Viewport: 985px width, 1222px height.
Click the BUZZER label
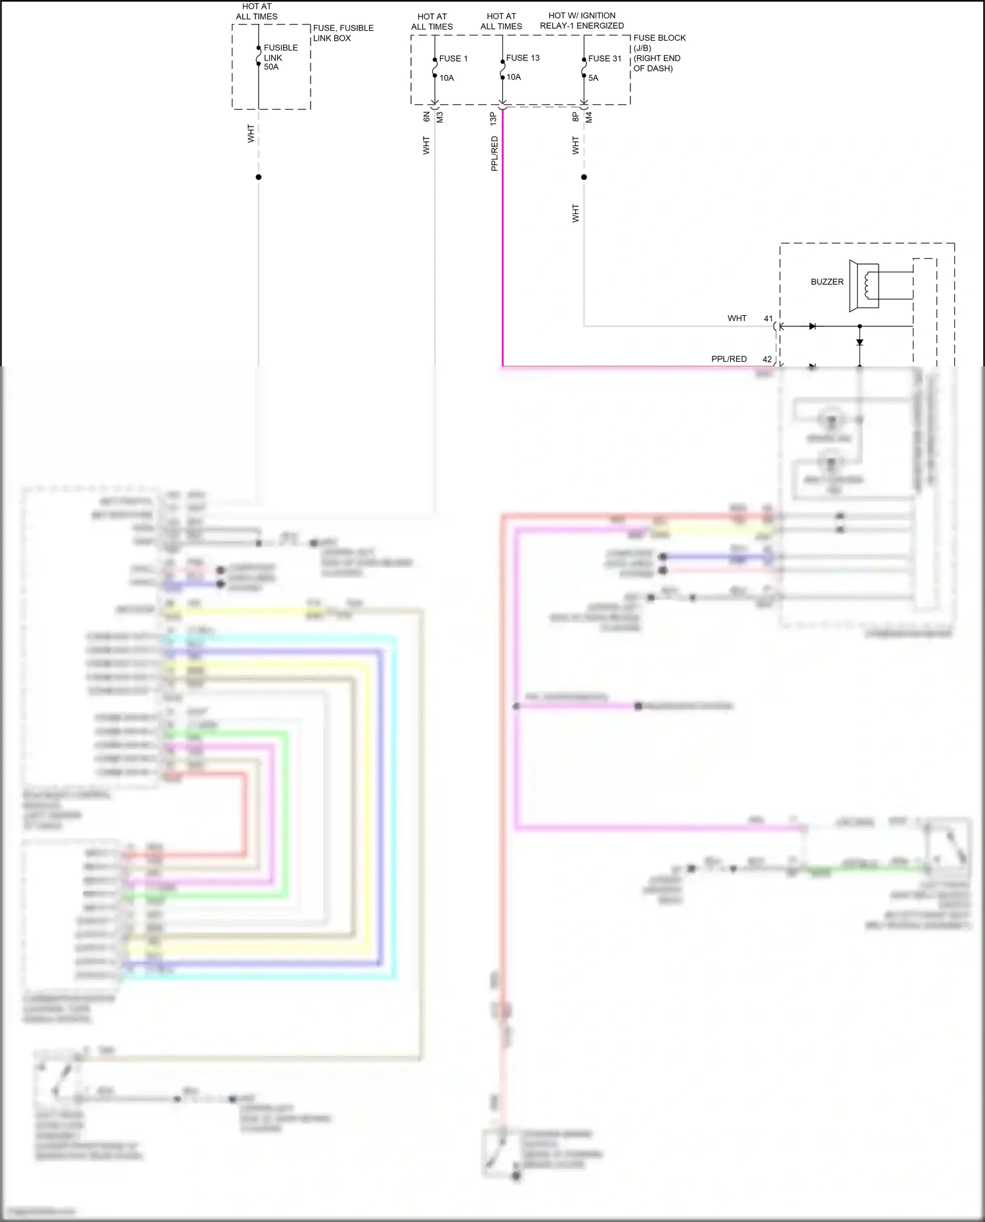click(x=827, y=282)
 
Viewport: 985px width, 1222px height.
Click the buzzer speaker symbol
click(x=864, y=286)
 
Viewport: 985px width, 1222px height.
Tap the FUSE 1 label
click(x=454, y=58)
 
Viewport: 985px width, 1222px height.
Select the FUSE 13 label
click(x=523, y=58)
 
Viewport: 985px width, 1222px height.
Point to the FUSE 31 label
click(x=605, y=58)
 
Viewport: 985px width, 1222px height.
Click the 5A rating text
click(x=593, y=77)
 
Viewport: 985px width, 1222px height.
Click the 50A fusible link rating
click(x=271, y=67)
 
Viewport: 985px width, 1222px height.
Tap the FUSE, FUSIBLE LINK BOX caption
click(x=343, y=33)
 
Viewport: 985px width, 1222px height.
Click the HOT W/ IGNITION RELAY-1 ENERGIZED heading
click(x=582, y=20)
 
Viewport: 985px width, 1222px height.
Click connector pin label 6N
click(x=426, y=117)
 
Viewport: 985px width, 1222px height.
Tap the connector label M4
click(x=589, y=117)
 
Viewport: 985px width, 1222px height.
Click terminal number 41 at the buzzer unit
click(x=768, y=318)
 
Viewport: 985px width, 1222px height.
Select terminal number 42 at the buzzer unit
click(x=767, y=359)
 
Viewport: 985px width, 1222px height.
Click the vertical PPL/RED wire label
click(x=494, y=154)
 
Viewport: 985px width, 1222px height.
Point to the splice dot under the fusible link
click(x=258, y=177)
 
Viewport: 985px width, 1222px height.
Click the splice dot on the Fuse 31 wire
click(x=584, y=177)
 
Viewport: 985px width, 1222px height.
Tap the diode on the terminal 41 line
click(x=812, y=326)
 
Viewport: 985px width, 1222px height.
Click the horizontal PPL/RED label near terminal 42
click(x=729, y=359)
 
